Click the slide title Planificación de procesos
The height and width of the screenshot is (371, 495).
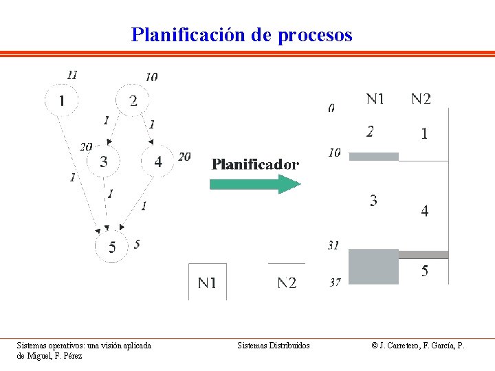click(x=241, y=34)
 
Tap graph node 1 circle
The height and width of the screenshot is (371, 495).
click(x=62, y=100)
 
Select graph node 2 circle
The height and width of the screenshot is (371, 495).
click(x=133, y=100)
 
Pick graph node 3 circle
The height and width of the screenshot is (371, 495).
click(x=103, y=161)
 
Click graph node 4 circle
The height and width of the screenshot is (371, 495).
click(x=158, y=161)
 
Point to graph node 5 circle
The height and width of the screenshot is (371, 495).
click(x=112, y=245)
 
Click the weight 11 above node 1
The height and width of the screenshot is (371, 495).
click(x=72, y=74)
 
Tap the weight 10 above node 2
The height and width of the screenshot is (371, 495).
click(x=151, y=77)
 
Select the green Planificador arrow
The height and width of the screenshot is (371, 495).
click(x=255, y=183)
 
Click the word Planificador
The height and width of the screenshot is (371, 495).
click(x=255, y=164)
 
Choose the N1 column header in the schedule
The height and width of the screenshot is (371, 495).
click(x=375, y=99)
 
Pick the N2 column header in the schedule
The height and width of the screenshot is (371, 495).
click(x=421, y=99)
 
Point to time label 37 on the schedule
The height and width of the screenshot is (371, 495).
click(x=334, y=282)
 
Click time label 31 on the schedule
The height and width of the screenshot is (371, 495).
click(x=333, y=245)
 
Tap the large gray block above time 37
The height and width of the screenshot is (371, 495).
click(x=373, y=267)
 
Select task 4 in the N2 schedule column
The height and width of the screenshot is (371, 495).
click(x=424, y=212)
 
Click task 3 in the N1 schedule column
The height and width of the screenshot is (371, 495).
click(x=373, y=201)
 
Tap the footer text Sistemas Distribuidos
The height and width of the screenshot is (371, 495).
click(x=273, y=346)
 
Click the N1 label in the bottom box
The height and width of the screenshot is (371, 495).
click(x=207, y=282)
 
